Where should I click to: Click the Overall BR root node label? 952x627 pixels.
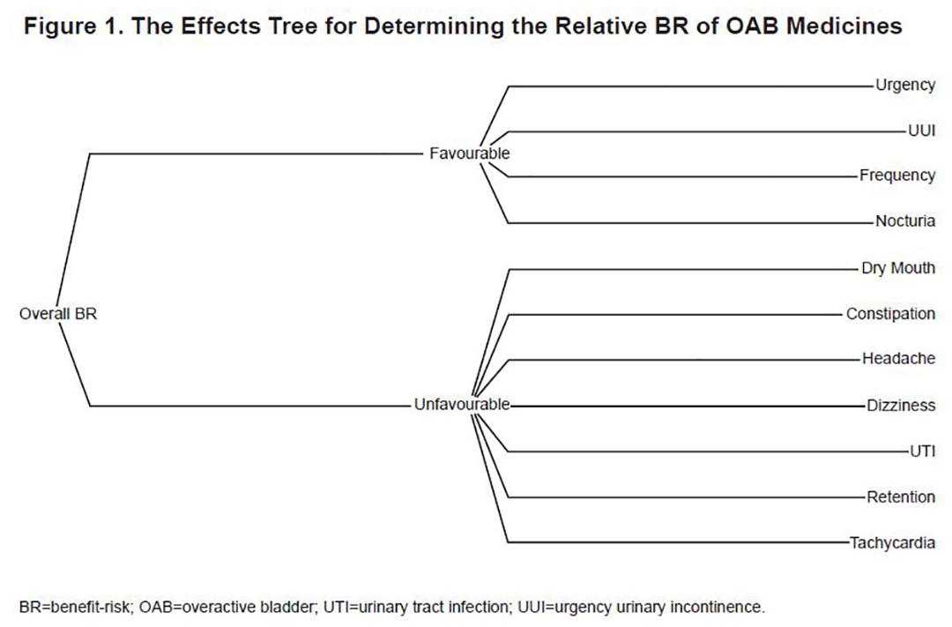pos(58,314)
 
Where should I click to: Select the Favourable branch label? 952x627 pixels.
pos(469,153)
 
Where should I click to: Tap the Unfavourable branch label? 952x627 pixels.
pos(462,405)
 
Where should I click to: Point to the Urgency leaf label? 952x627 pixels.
pos(905,85)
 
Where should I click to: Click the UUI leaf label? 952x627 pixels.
pos(922,131)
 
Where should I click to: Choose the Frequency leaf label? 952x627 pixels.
pos(897,175)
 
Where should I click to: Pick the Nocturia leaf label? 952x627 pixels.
pos(905,221)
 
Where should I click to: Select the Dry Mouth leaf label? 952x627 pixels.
pos(898,269)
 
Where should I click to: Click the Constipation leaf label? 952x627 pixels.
pos(890,314)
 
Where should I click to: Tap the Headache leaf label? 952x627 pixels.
pos(898,358)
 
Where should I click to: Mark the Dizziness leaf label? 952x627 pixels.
pos(901,406)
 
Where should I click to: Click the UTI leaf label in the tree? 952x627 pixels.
pos(922,452)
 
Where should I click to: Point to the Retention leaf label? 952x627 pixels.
pos(901,497)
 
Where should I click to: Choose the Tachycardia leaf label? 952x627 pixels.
pos(892,542)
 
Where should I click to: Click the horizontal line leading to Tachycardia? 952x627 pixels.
pos(678,542)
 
